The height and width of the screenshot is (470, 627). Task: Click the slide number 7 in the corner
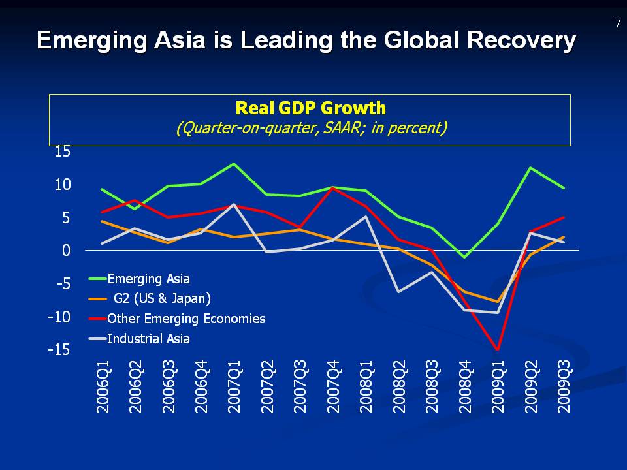coord(617,24)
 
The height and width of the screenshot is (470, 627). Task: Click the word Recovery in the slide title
coord(522,40)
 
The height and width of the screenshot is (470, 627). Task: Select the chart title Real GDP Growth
coord(310,108)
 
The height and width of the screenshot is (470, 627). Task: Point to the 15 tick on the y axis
coord(63,151)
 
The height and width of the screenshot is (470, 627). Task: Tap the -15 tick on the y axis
coord(59,350)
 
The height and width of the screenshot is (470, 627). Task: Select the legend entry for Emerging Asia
coord(148,279)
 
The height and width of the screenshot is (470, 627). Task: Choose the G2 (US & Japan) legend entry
coord(162,299)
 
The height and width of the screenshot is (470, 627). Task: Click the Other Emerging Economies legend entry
coord(186,319)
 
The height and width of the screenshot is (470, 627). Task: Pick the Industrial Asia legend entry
coord(148,338)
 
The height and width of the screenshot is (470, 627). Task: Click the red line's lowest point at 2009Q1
coord(498,350)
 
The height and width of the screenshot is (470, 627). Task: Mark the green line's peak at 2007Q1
coord(234,164)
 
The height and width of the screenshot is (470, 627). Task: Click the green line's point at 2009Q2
coord(531,168)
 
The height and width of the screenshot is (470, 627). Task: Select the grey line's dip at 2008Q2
coord(399,291)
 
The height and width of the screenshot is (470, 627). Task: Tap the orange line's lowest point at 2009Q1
coord(498,302)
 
